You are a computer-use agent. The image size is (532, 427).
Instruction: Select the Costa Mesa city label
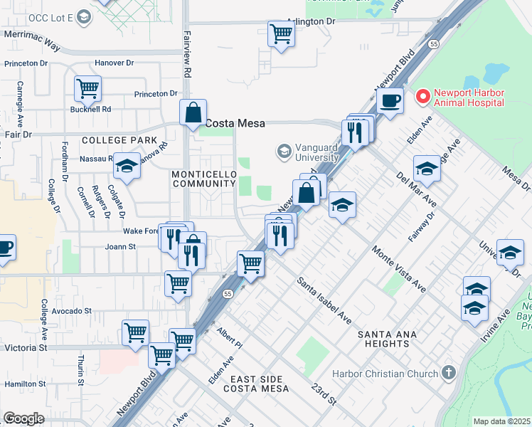pos(235,123)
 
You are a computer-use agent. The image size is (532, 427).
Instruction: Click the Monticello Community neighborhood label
pos(203,179)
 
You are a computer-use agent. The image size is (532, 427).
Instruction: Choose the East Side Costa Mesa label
pos(256,384)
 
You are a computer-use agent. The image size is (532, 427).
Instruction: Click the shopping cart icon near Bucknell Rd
pos(88,89)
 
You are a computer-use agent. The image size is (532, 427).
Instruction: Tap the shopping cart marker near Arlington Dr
pos(282,33)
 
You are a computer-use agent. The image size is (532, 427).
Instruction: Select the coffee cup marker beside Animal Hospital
pos(390,100)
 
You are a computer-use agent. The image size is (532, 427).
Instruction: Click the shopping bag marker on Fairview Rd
pos(193,112)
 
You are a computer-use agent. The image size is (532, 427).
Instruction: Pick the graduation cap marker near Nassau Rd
pos(127,166)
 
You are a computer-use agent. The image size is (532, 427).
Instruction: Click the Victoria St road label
pos(25,348)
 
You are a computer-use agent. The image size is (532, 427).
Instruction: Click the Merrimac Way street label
pos(32,43)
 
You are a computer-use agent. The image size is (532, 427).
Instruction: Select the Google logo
pos(23,418)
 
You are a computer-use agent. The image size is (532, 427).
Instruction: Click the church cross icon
pos(448,372)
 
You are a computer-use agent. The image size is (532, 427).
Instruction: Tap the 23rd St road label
pos(324,394)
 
